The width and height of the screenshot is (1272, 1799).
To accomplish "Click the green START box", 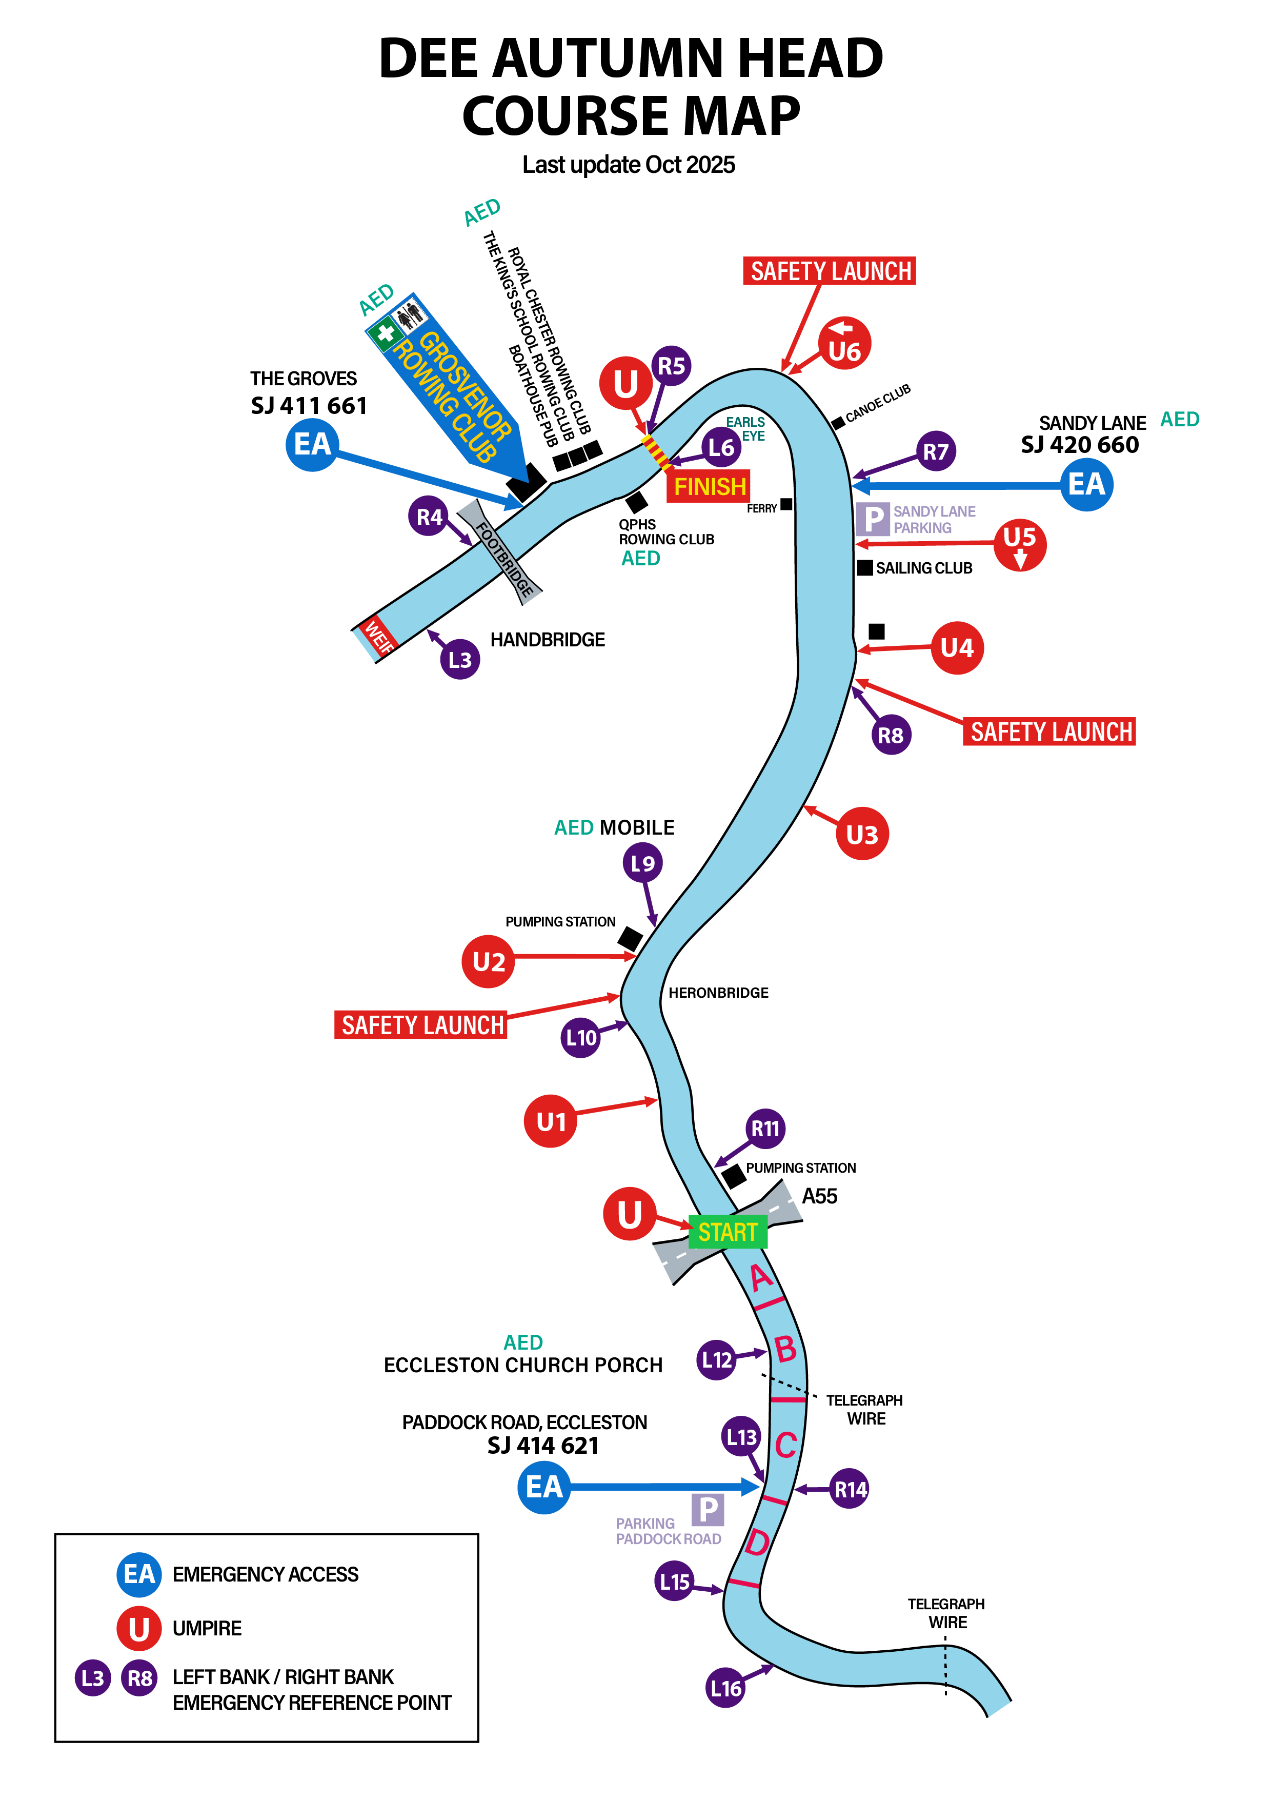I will (x=728, y=1232).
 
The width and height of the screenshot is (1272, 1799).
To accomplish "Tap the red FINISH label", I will (x=709, y=487).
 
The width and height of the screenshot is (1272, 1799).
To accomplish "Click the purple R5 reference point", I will (x=671, y=366).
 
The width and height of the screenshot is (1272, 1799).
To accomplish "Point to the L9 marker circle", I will (x=642, y=863).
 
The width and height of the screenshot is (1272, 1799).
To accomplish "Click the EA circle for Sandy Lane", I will (x=1086, y=484).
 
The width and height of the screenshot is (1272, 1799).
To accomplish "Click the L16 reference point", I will (x=725, y=1689).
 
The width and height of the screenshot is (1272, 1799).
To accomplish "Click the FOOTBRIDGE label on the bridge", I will (x=504, y=559).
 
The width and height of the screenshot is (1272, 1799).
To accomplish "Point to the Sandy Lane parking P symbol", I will (x=873, y=519).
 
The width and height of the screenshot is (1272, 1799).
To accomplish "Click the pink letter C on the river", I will (x=785, y=1446).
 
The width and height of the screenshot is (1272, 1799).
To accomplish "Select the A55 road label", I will (x=819, y=1196).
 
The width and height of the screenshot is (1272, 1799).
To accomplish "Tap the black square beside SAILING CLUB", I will (x=865, y=568).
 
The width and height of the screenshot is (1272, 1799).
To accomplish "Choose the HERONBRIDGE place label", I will (x=718, y=993).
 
